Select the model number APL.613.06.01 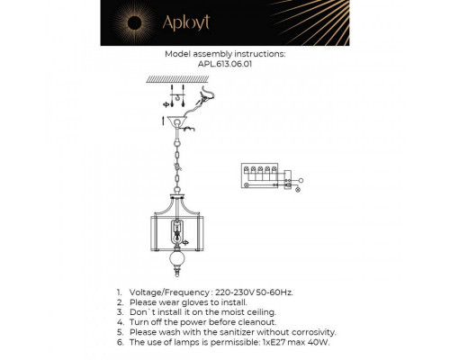click(x=225, y=64)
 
